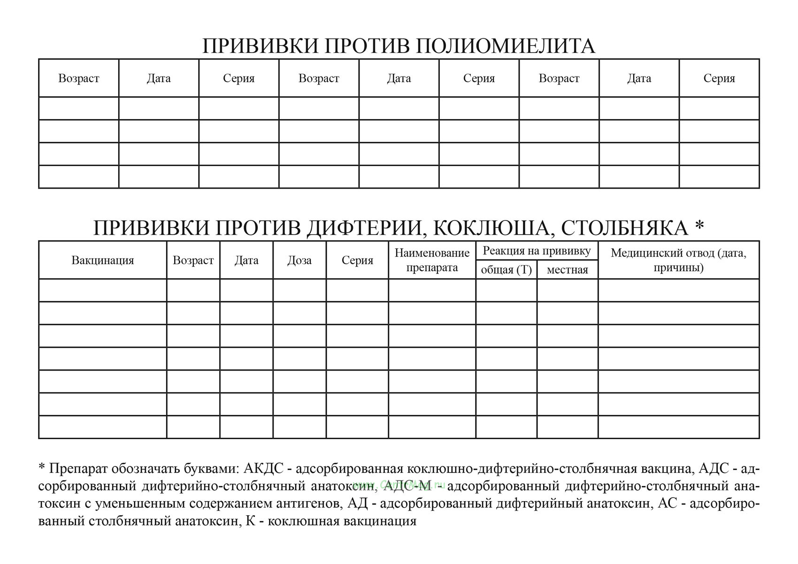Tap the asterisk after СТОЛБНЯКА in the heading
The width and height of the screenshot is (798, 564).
[699, 226]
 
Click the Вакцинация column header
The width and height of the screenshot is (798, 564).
[102, 260]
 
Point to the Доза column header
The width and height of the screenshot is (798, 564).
[299, 260]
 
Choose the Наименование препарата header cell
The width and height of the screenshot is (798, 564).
[432, 260]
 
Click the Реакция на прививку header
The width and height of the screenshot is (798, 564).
[537, 251]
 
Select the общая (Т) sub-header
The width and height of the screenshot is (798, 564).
[506, 270]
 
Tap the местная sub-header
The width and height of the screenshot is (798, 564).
[567, 270]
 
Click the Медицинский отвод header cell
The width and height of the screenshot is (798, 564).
[678, 260]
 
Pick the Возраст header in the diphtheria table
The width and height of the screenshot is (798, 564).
[193, 260]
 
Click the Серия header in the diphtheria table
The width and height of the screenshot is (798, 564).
[357, 260]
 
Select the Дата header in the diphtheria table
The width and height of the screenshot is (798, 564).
[246, 260]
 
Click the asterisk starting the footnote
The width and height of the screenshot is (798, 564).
[41, 468]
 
